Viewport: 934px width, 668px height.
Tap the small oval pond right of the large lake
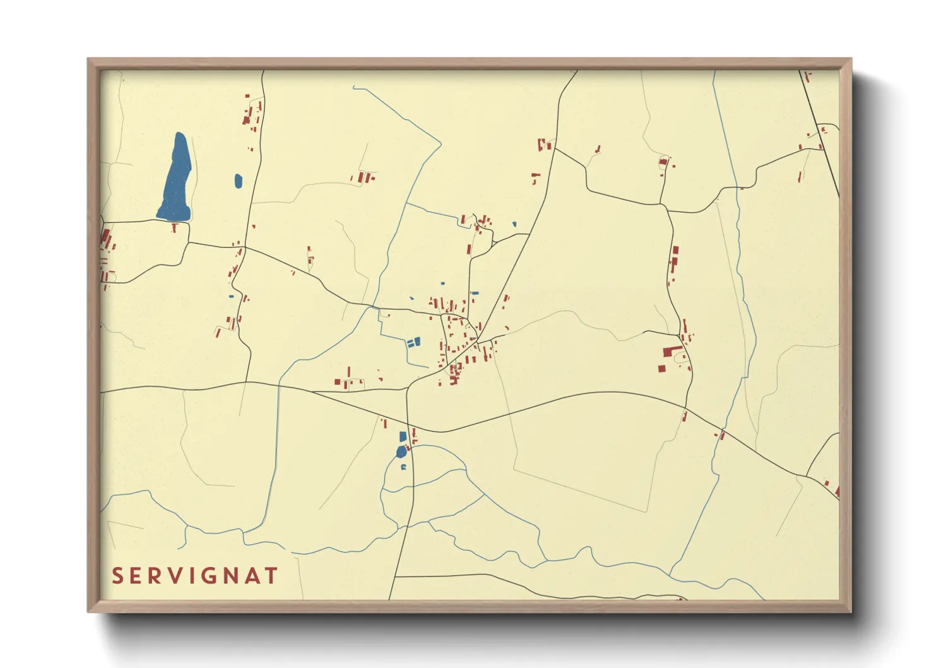coord(238,181)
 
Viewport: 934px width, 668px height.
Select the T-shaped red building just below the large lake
coord(175,226)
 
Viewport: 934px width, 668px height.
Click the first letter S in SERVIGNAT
coord(117,576)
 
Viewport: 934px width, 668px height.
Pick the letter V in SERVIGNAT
coord(178,576)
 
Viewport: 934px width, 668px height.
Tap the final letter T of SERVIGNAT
coord(271,576)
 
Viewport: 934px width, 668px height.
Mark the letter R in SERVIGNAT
coord(158,576)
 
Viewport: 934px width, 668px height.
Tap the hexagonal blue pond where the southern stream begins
coord(401,451)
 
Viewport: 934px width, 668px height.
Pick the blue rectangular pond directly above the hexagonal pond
coord(403,436)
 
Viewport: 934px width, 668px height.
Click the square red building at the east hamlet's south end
coord(661,368)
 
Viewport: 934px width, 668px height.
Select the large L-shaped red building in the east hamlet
coord(670,351)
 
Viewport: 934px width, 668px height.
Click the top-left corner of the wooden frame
coord(89,59)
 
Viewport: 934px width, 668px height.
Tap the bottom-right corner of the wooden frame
coord(850,611)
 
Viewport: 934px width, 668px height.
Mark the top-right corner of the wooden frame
coord(851,59)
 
